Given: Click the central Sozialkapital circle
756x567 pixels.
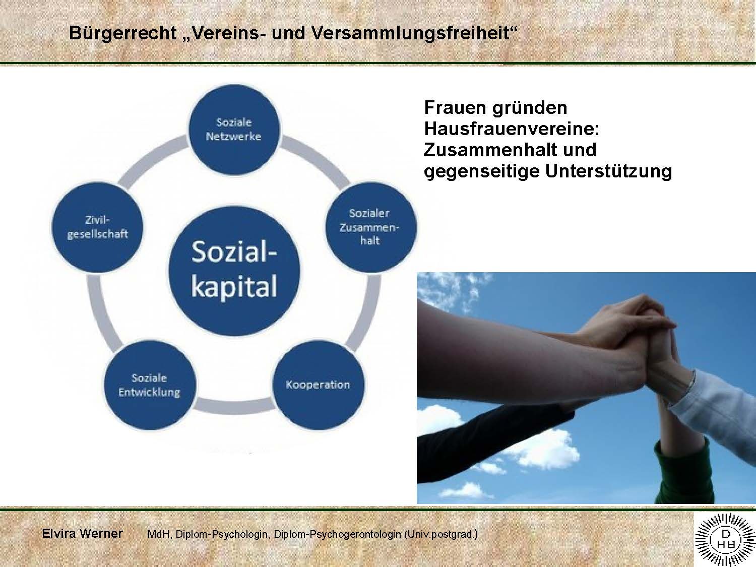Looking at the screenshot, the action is [x=234, y=271].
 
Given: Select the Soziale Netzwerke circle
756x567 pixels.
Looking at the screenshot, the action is [x=234, y=130].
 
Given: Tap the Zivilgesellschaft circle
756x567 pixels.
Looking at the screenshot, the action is [x=97, y=227].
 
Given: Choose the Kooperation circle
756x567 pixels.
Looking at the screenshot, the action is [x=318, y=385].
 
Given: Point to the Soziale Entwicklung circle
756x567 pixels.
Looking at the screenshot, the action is [x=150, y=385].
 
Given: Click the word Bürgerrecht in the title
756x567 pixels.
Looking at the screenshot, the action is [x=123, y=33].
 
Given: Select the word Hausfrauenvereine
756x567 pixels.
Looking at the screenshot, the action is [x=512, y=129].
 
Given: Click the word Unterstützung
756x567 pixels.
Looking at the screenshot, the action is [x=609, y=171].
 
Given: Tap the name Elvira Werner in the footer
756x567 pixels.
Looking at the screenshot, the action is [x=82, y=533].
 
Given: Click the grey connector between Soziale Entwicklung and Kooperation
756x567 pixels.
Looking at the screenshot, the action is [x=234, y=406].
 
